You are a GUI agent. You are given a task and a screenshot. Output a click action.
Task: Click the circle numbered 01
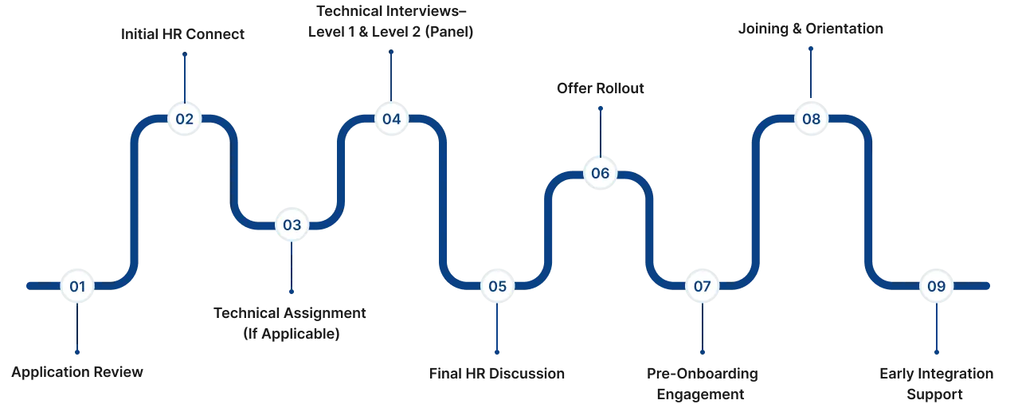click(x=77, y=286)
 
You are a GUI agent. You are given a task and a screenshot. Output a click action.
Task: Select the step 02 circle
click(x=184, y=120)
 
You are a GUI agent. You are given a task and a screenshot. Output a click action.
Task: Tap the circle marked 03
click(x=292, y=225)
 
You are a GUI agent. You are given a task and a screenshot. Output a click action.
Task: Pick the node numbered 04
click(x=391, y=120)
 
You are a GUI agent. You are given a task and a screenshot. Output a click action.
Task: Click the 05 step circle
click(x=497, y=286)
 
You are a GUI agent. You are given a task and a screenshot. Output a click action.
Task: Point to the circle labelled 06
click(x=600, y=173)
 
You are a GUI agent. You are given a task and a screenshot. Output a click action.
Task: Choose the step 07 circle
click(x=702, y=286)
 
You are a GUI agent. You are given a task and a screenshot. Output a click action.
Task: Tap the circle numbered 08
click(x=811, y=120)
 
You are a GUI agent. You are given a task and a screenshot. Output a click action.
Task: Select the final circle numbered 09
click(x=936, y=286)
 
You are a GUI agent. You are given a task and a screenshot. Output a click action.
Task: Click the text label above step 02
click(x=184, y=36)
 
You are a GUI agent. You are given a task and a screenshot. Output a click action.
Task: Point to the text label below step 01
click(x=77, y=372)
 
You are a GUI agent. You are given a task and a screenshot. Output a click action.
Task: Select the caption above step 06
click(x=600, y=88)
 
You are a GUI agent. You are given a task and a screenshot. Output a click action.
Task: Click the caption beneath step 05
click(x=496, y=374)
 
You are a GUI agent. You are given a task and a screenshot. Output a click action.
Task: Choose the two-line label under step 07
click(x=701, y=383)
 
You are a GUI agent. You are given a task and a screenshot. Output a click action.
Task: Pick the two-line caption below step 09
click(x=936, y=383)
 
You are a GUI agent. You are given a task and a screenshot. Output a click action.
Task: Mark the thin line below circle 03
click(x=292, y=268)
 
